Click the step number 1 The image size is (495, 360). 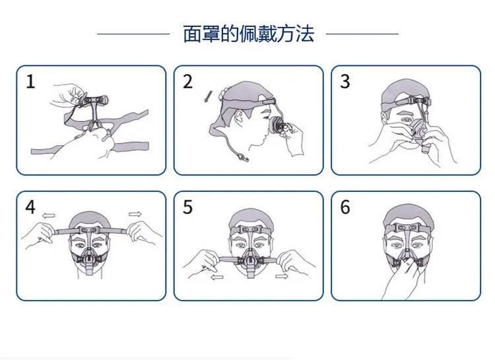point(30,82)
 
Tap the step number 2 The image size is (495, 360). point(188,82)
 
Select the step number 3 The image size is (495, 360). point(345,82)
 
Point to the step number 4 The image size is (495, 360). point(30,207)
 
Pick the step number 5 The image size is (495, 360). point(188,207)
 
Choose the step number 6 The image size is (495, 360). point(345,207)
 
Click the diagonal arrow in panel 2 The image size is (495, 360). point(208,97)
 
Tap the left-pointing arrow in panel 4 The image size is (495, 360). point(49,216)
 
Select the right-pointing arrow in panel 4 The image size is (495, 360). point(135,214)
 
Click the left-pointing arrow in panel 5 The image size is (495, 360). point(217,278)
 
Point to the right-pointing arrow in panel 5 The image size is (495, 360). point(282,276)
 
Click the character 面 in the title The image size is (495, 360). point(192,34)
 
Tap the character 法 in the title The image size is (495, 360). point(305,34)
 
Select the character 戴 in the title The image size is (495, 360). point(267,34)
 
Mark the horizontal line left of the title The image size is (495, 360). point(133,34)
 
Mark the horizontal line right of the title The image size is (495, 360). point(362,34)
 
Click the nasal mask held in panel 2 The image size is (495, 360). point(277,125)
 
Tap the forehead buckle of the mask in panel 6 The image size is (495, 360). point(407,227)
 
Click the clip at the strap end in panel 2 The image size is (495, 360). point(244,158)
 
